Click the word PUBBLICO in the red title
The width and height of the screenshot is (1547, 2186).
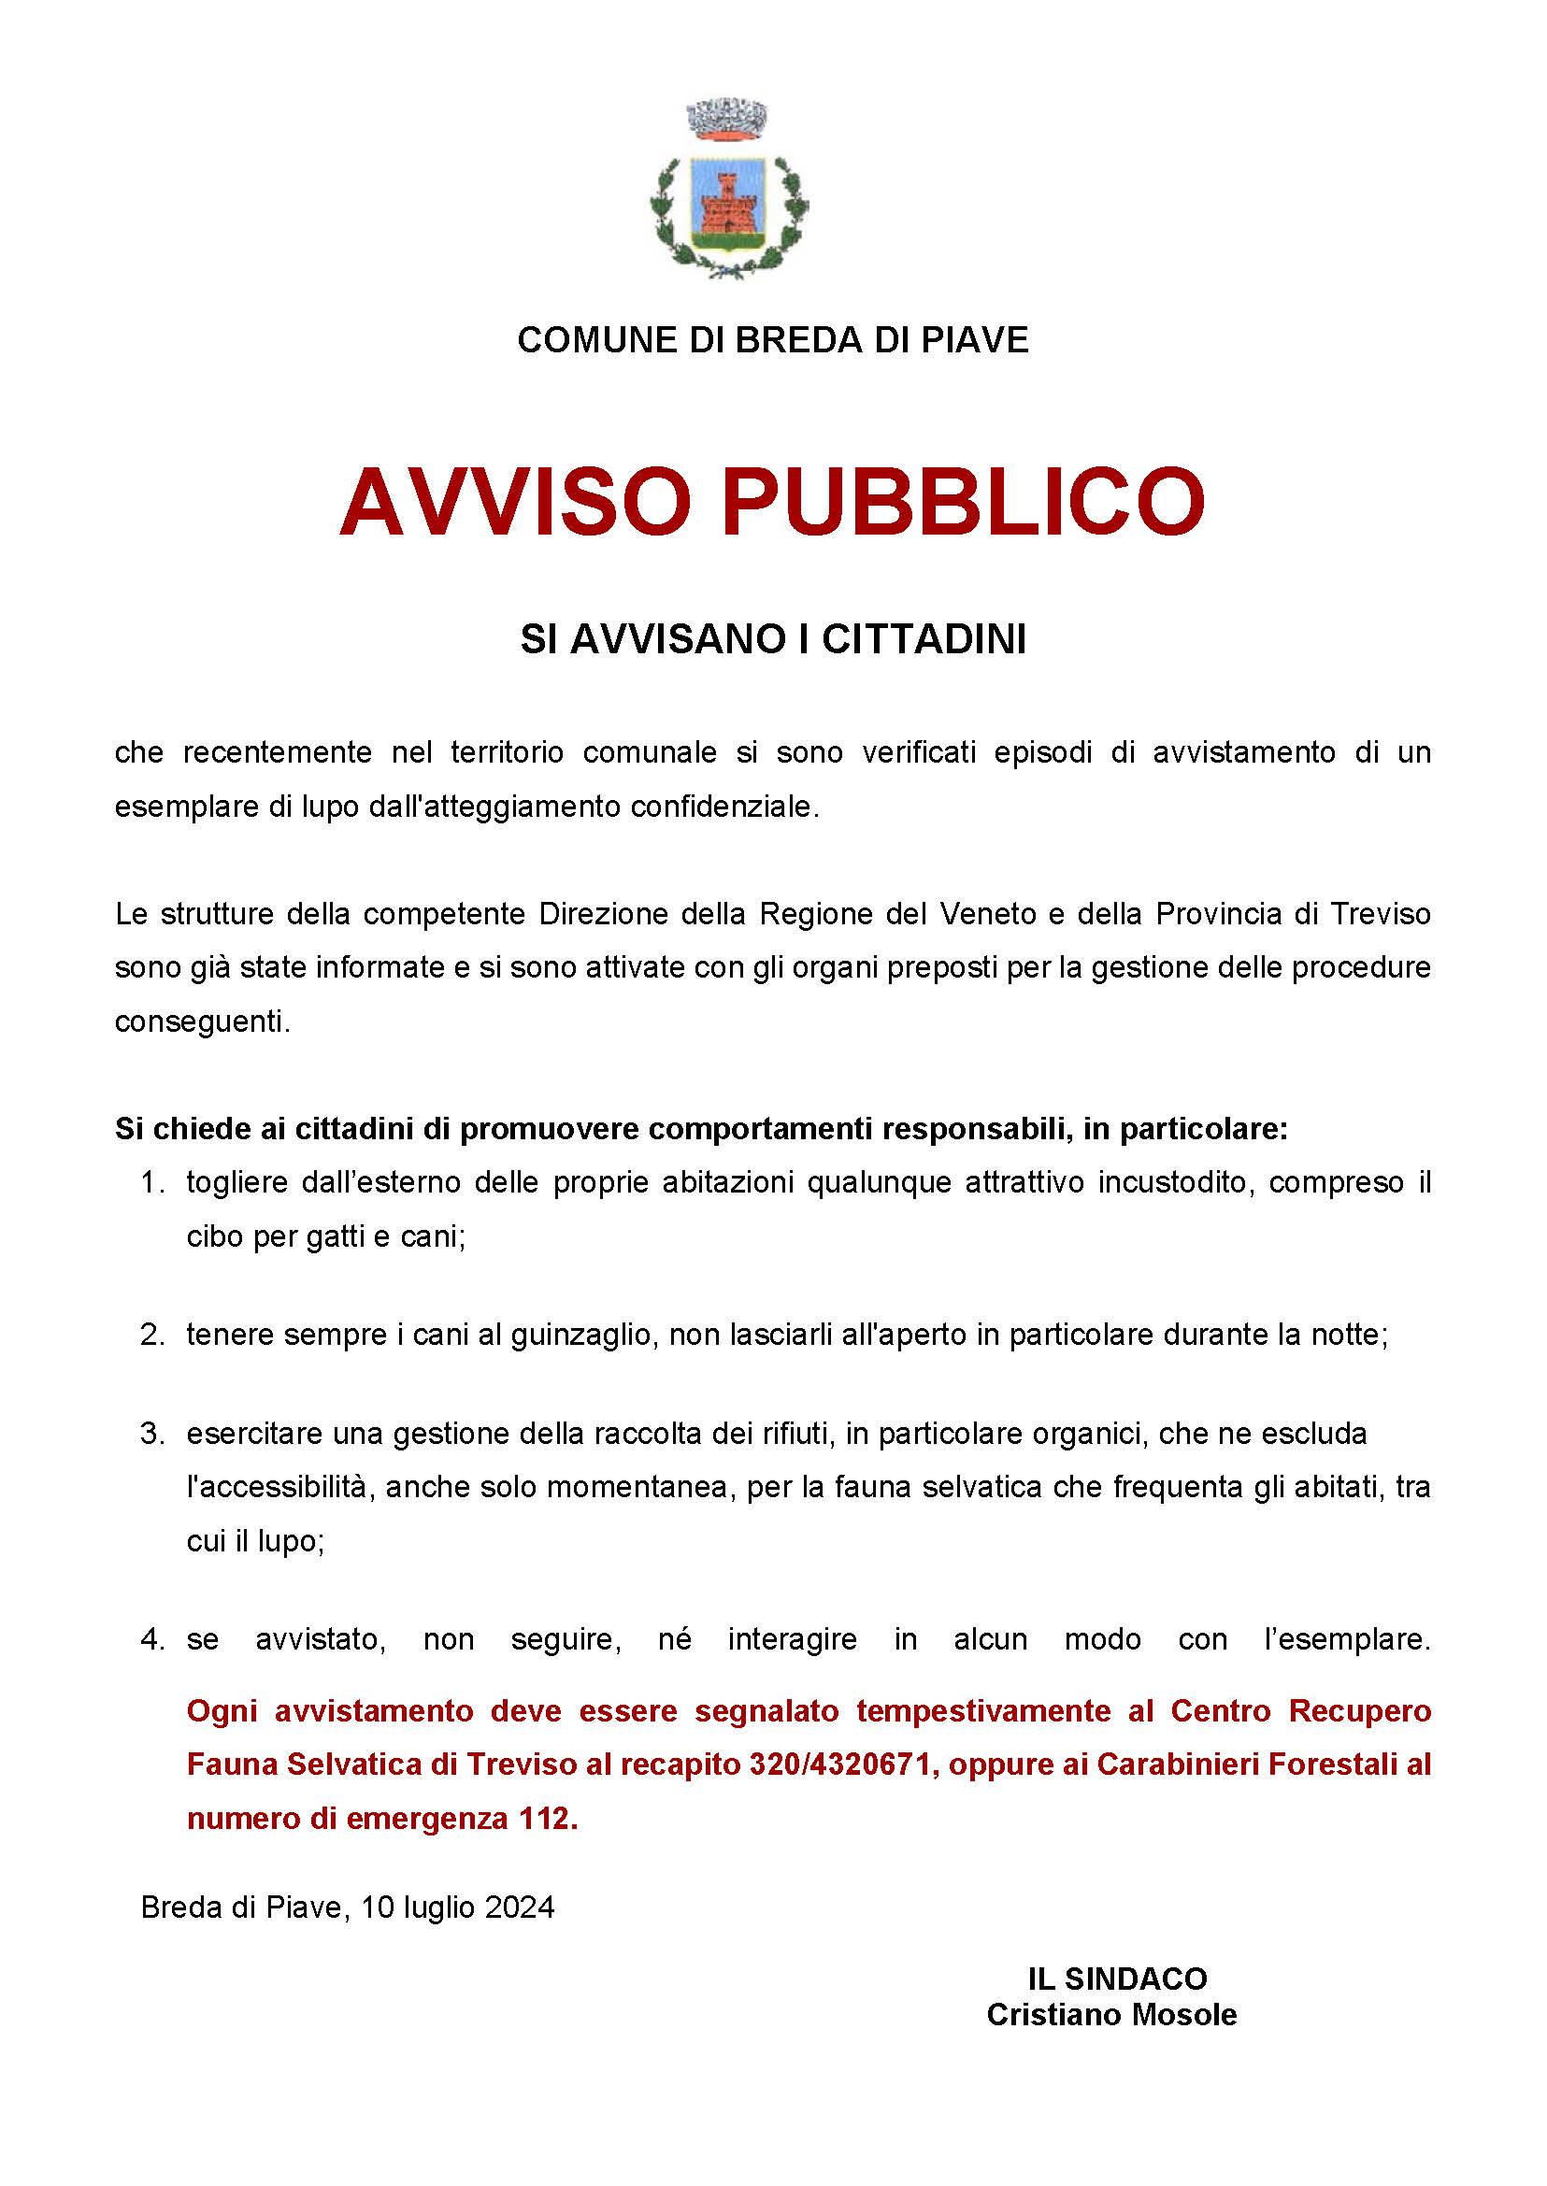(963, 502)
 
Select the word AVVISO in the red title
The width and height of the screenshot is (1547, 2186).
(515, 502)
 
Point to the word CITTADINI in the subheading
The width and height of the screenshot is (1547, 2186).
(924, 640)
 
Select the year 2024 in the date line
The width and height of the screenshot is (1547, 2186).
(519, 1907)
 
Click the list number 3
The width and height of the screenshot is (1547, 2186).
(152, 1434)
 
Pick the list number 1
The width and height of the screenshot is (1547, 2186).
(152, 1183)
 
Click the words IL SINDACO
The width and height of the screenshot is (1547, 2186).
(1116, 1979)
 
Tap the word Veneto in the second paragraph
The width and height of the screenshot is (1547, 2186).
(988, 914)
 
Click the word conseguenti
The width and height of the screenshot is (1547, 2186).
(202, 1022)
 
